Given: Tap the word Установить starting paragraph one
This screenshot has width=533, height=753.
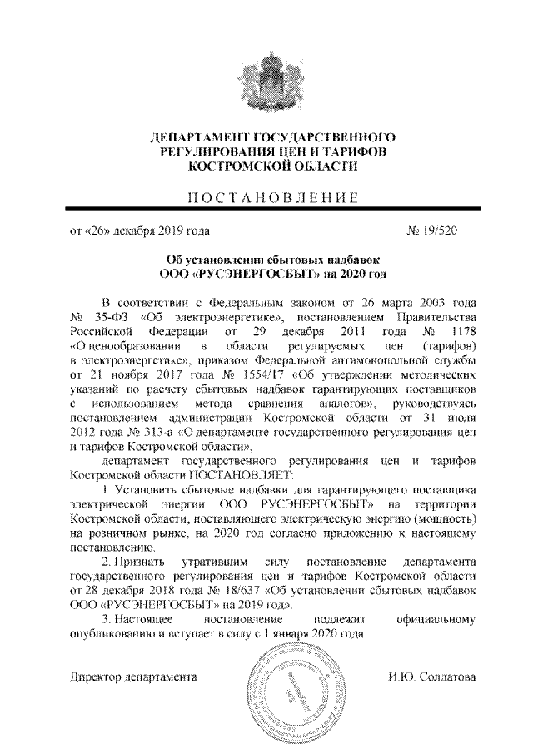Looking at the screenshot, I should pyautogui.click(x=142, y=489).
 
